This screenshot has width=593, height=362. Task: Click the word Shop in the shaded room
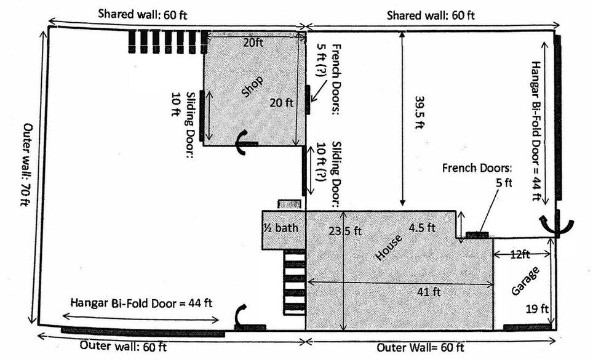pos(252,87)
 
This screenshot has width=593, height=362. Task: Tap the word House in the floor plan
pos(388,247)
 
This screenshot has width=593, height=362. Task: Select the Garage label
pos(525,281)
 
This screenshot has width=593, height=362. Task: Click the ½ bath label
pos(281,228)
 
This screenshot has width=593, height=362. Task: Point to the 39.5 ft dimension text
pos(419,113)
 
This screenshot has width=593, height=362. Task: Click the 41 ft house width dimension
pos(429,292)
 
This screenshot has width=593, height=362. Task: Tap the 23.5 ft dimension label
pos(345,230)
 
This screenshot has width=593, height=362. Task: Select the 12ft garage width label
pos(520,254)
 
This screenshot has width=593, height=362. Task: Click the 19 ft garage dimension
pos(537,309)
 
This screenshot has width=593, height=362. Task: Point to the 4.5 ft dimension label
pos(422,228)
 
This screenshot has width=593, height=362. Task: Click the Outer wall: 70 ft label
pos(26,164)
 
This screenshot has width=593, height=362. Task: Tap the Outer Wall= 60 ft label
pos(420,348)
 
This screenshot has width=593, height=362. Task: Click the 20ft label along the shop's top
pos(253,42)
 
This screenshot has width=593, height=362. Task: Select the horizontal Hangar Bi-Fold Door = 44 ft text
pos(141,304)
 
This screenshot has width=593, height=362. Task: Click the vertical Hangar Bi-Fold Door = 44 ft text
pos(536,131)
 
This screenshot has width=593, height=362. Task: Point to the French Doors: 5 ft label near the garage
pos(477,175)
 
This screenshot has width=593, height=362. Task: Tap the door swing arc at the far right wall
pos(556,225)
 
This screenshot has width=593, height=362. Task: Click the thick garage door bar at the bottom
pos(527,327)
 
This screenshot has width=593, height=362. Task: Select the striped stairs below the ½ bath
pos(295,282)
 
